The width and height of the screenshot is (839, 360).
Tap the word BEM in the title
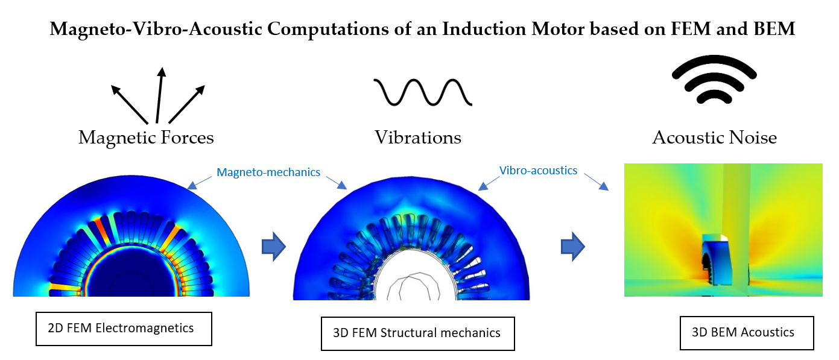(x=772, y=30)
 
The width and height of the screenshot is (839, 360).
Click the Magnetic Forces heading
(x=146, y=138)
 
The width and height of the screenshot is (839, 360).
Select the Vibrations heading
(x=418, y=138)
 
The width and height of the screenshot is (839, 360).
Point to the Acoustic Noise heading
(x=714, y=138)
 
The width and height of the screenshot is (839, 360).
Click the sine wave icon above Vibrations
(x=422, y=92)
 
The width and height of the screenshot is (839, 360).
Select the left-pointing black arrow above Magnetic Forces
(x=129, y=103)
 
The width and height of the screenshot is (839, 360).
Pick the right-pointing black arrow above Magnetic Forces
(x=188, y=103)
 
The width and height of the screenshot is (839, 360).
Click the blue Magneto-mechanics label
(x=268, y=172)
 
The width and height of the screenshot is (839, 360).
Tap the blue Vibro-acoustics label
(x=538, y=171)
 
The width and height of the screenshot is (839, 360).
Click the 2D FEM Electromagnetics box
(x=124, y=329)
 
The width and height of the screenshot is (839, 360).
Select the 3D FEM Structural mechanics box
(x=417, y=333)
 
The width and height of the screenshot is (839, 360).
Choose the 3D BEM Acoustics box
(x=747, y=332)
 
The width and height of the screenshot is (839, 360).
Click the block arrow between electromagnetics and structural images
(x=273, y=248)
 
